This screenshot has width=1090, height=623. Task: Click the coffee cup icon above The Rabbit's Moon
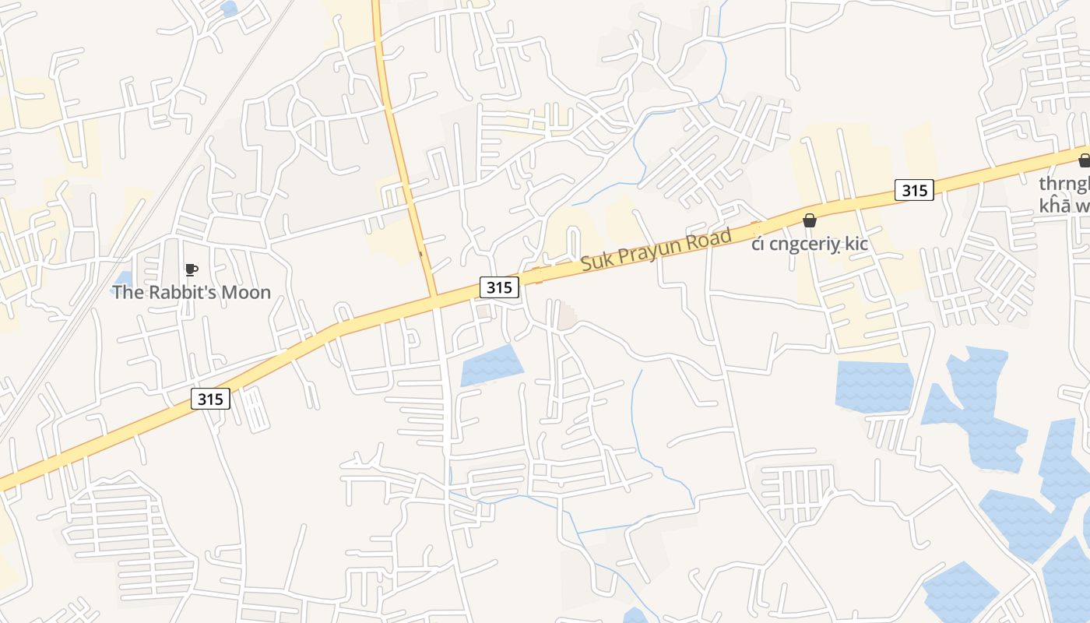click(191, 270)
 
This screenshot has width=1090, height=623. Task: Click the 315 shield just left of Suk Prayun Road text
click(498, 287)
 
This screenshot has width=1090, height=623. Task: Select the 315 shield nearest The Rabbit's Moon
click(210, 399)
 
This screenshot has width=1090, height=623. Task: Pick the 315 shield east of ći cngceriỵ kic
click(913, 190)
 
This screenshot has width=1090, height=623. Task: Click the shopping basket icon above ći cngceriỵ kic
click(810, 220)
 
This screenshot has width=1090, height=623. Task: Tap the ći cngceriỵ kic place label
click(810, 245)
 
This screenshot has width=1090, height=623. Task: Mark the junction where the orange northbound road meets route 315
click(434, 297)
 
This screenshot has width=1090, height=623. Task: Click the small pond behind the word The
click(123, 279)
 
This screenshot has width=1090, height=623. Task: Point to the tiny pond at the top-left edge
click(229, 9)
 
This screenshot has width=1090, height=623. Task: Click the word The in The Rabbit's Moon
click(127, 293)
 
